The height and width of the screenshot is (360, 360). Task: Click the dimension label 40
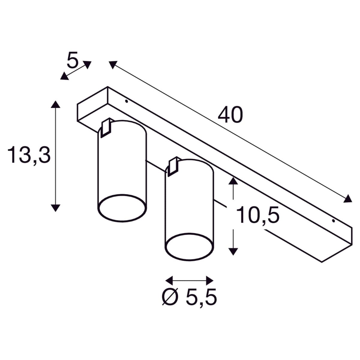230,115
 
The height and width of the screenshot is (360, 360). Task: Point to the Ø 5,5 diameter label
189,297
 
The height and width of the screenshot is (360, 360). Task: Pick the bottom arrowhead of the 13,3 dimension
55,208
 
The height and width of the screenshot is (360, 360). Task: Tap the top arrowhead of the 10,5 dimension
233,181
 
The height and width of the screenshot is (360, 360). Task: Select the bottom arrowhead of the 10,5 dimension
233,252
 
